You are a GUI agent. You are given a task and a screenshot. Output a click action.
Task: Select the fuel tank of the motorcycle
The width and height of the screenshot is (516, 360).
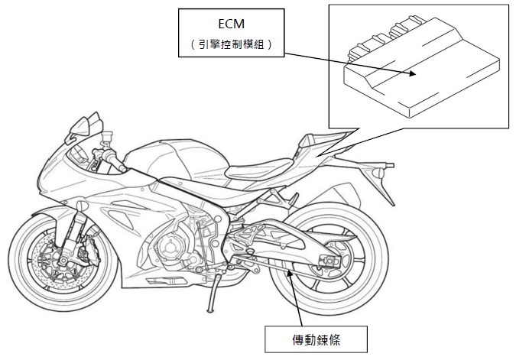(164, 157)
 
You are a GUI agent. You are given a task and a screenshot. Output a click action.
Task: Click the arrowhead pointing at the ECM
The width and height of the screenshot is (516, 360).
(413, 74)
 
